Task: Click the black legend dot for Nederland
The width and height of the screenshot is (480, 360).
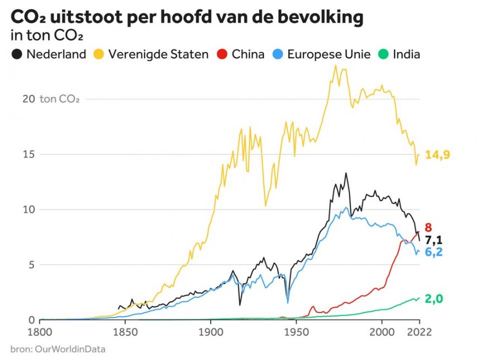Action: click(17, 55)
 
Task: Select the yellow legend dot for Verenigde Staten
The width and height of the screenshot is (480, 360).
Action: click(99, 55)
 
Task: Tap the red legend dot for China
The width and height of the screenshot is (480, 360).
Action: click(222, 55)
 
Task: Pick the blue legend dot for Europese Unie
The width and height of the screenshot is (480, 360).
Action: click(278, 55)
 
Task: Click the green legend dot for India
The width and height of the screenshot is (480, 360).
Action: click(383, 55)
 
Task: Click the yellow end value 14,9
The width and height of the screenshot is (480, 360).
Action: click(438, 155)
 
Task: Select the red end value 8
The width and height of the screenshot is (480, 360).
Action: click(429, 228)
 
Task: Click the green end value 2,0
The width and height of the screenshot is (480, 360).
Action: click(434, 299)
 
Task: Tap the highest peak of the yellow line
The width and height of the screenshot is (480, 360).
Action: click(335, 65)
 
